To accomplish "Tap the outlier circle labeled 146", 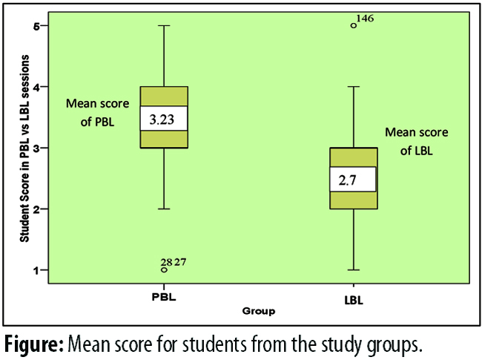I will pos(353,25).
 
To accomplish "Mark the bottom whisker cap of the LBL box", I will pos(354,269).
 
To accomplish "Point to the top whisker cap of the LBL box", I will pos(354,87).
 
